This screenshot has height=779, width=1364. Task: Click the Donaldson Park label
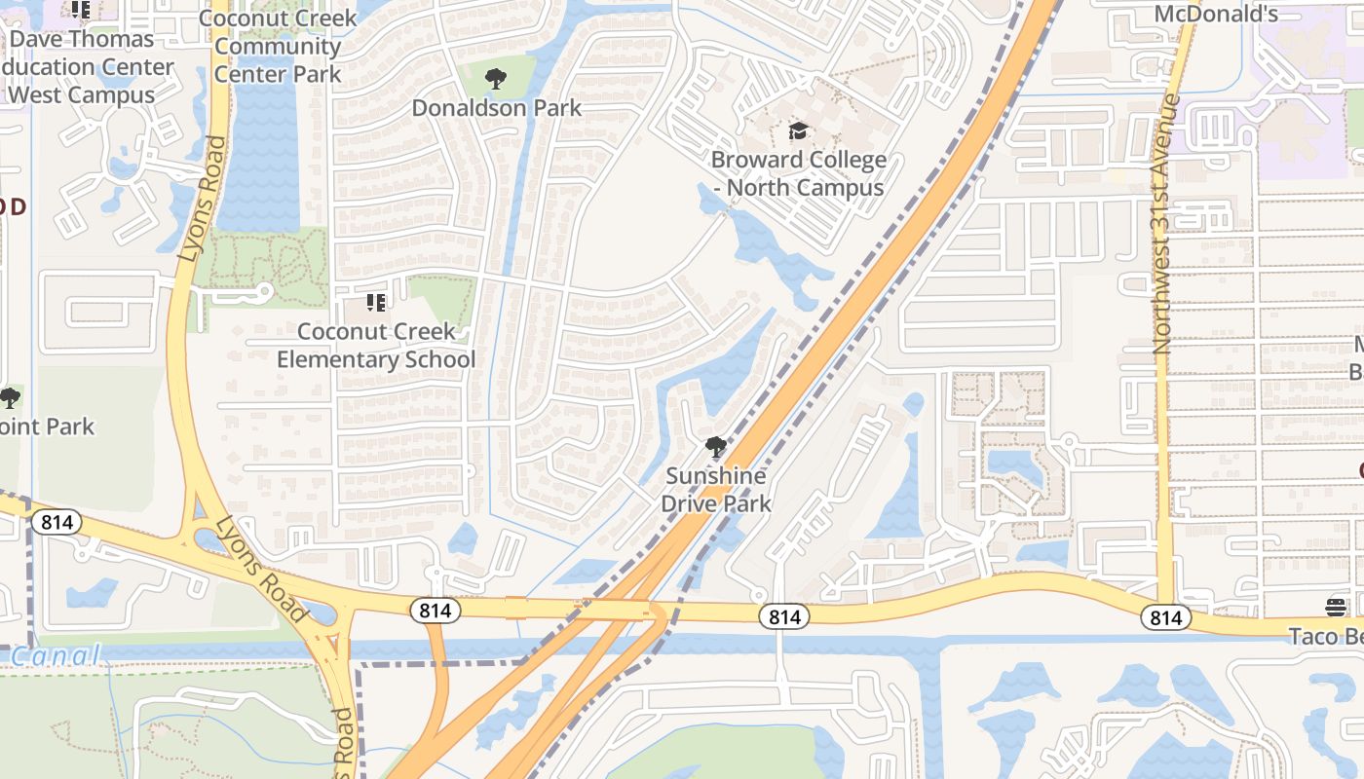[496, 108]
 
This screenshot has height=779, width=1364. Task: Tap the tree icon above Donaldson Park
[496, 79]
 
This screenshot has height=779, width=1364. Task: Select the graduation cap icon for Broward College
[798, 131]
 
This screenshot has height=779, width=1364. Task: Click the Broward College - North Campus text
[798, 173]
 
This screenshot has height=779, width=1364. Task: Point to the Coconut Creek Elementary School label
[376, 346]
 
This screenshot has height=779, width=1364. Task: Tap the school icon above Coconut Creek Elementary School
[376, 303]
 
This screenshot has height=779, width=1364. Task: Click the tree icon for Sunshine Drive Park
[716, 448]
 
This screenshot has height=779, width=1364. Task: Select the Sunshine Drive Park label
[716, 490]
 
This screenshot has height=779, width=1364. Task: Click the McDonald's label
[1215, 14]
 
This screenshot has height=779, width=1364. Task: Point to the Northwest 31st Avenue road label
[1165, 224]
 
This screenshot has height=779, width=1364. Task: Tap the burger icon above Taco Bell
[1336, 608]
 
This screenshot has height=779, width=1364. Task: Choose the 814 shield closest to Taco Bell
[1165, 617]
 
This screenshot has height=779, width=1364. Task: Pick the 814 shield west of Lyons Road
[57, 522]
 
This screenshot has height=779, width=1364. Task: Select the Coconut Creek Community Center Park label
[278, 46]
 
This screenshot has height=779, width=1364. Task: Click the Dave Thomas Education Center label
[88, 67]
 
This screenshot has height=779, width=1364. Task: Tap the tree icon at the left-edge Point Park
[10, 398]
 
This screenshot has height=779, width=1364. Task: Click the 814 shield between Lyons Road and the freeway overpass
[435, 611]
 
